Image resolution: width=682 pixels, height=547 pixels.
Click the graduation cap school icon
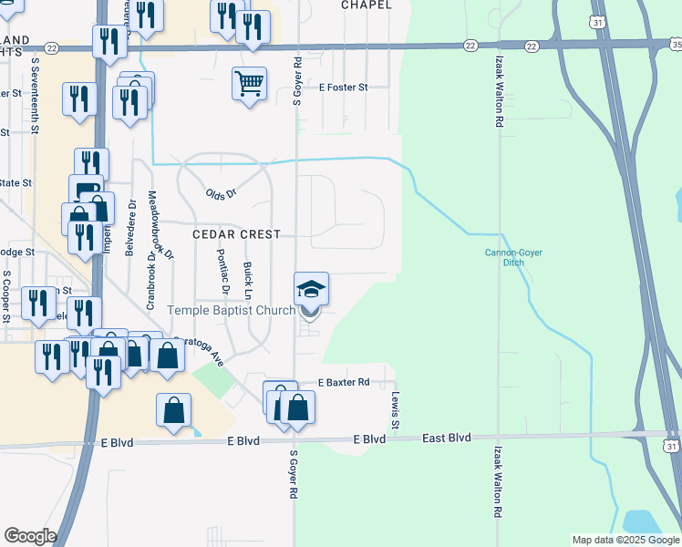[x=311, y=289]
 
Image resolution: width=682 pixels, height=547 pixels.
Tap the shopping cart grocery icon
[x=249, y=84]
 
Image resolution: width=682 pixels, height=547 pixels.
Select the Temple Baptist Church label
[x=231, y=310]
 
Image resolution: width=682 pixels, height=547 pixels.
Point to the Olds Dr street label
[x=222, y=194]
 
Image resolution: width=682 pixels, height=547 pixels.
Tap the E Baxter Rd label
[x=343, y=382]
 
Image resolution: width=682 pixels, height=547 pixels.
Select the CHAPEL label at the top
[x=367, y=5]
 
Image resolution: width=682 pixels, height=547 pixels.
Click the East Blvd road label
[x=446, y=439]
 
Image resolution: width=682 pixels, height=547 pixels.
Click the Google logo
[x=30, y=536]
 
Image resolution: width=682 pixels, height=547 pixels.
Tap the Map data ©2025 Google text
[x=625, y=540]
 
